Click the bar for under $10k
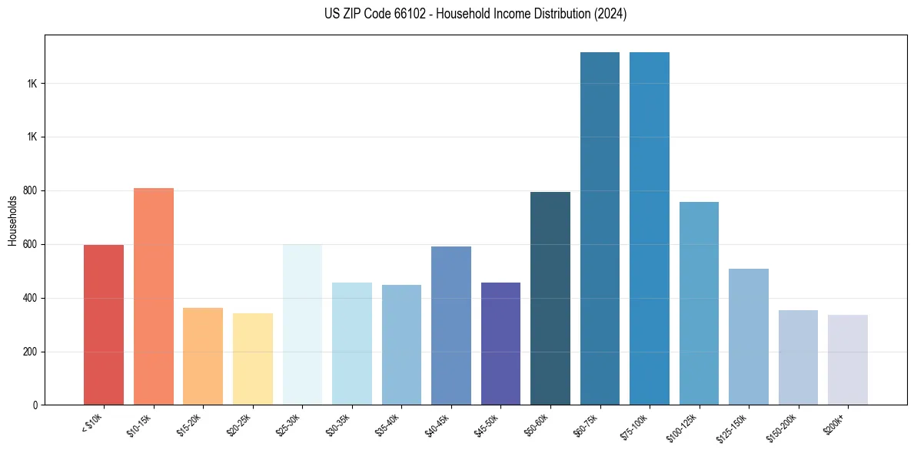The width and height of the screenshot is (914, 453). click(x=104, y=325)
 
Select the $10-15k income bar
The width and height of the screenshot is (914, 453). click(x=154, y=296)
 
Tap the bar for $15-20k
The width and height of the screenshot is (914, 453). click(x=203, y=356)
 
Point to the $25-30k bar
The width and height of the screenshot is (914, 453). click(x=302, y=325)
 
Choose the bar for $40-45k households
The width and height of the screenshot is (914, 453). click(x=451, y=326)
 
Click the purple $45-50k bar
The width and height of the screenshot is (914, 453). click(x=500, y=343)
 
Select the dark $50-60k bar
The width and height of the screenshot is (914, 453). click(x=550, y=299)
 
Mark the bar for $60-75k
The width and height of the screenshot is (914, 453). click(x=600, y=229)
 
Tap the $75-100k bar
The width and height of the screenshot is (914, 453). click(x=650, y=229)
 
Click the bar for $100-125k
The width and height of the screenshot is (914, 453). click(x=699, y=303)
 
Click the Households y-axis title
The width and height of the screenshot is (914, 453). click(x=13, y=220)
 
